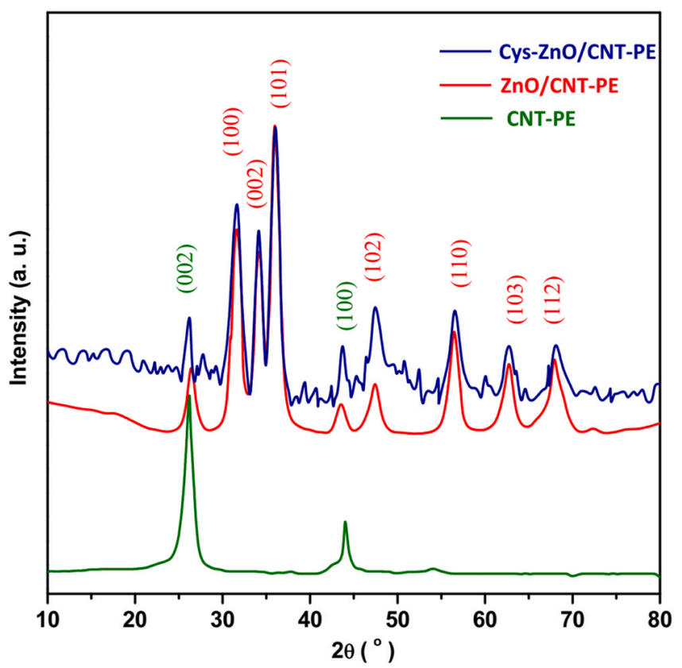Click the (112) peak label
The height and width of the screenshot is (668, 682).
553,299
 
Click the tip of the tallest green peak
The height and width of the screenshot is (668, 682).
189,395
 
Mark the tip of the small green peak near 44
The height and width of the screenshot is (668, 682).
345,522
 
